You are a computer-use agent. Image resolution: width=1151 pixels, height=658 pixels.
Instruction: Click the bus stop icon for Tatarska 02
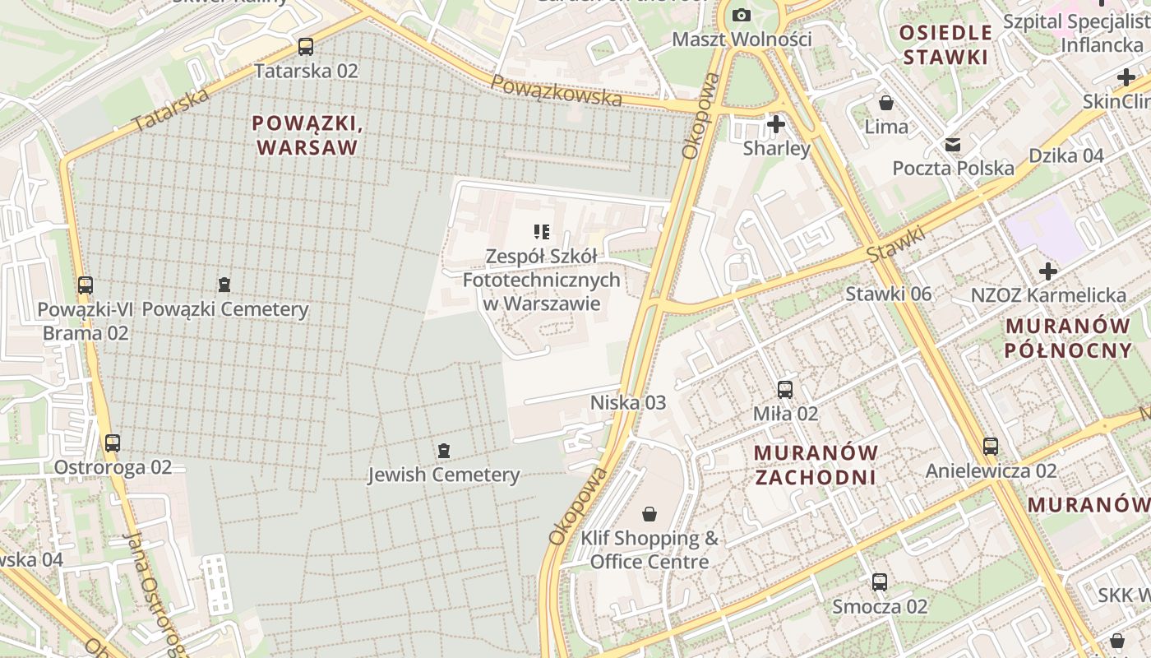306,47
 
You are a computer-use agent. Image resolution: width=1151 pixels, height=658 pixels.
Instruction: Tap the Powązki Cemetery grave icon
224,285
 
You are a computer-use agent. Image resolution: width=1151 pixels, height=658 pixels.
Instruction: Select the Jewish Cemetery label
443,475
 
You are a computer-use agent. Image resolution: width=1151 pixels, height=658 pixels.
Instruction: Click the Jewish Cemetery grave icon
444,451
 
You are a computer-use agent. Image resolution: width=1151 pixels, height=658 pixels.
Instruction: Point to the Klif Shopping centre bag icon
649,514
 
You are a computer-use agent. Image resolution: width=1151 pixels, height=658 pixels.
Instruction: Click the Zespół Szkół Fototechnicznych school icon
541,232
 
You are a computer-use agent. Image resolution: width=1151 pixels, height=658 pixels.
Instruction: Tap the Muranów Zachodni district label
816,465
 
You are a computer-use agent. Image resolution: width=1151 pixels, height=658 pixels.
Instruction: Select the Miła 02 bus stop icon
785,390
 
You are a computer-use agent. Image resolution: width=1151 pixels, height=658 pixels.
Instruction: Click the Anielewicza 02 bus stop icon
991,447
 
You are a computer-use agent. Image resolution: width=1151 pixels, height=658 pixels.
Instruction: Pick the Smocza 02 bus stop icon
880,582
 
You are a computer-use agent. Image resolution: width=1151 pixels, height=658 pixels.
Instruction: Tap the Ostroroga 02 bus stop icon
113,443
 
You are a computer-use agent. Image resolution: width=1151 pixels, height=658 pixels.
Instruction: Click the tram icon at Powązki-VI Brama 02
86,285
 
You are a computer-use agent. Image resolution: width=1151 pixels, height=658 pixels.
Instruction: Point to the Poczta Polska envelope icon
953,145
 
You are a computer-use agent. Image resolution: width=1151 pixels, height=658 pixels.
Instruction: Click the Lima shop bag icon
886,103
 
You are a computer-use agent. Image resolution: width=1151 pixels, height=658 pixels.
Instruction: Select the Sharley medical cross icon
775,124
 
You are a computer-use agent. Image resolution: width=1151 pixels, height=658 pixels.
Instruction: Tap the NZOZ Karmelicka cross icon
1047,271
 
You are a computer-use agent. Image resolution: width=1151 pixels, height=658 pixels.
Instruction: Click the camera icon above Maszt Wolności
741,16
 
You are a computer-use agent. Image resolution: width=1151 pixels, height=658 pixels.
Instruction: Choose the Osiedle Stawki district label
945,44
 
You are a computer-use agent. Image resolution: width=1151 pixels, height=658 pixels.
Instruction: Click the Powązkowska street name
557,90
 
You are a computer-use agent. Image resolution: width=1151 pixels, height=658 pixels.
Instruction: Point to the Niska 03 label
628,402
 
